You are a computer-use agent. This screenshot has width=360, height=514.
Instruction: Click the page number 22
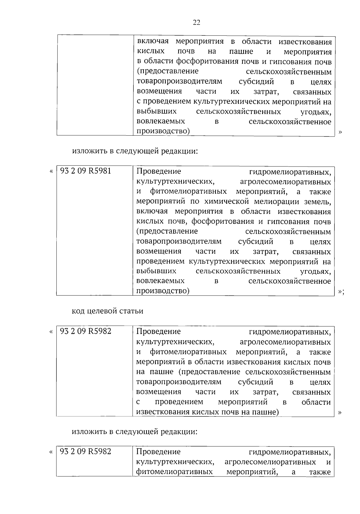point(196,23)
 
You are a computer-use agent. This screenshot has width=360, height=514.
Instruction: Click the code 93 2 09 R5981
point(86,171)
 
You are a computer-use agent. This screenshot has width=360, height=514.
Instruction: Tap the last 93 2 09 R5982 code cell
point(86,451)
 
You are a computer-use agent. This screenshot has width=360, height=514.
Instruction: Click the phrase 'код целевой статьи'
point(107,311)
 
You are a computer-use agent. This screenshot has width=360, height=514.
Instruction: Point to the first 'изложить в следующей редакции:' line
point(135,151)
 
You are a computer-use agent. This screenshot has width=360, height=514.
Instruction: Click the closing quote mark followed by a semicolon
point(341,291)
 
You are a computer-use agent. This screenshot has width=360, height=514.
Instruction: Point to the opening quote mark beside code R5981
point(51,171)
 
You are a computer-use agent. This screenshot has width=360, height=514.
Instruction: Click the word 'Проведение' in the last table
point(158,452)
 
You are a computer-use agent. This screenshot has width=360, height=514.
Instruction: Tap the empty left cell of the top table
point(95,86)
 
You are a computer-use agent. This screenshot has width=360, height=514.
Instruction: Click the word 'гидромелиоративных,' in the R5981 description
point(290,172)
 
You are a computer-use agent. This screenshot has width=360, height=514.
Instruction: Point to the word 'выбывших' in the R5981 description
point(156,271)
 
